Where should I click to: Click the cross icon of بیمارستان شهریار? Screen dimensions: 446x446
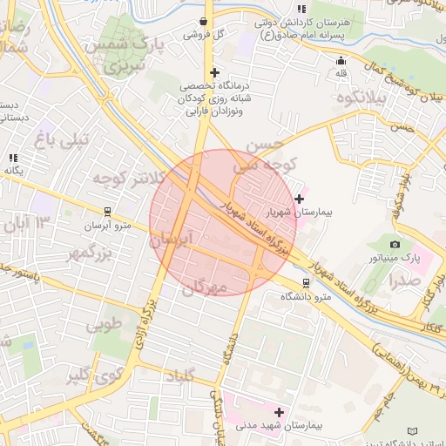click(x=300, y=199)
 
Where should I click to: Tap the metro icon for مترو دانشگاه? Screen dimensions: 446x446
click(x=305, y=283)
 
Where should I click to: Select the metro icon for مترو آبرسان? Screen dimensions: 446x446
click(x=107, y=212)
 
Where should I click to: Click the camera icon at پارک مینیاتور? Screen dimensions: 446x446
click(x=395, y=245)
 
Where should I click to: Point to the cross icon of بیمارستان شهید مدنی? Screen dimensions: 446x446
click(x=279, y=411)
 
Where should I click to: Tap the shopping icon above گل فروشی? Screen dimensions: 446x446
click(x=203, y=21)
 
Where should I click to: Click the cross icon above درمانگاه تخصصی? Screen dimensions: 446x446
click(x=214, y=72)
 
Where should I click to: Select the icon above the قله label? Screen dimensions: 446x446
click(x=341, y=60)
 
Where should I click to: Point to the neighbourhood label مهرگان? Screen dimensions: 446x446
click(x=206, y=286)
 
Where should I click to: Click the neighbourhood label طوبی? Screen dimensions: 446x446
click(x=105, y=325)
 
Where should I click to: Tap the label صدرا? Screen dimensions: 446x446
click(x=406, y=280)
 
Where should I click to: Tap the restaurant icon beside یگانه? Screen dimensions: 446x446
click(x=14, y=158)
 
